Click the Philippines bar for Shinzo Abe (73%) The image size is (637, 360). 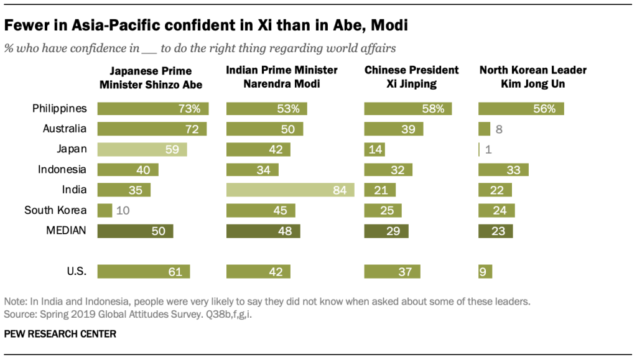click(x=153, y=109)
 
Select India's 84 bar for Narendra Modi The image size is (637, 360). click(x=290, y=190)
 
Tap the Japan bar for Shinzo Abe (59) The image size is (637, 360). click(x=142, y=149)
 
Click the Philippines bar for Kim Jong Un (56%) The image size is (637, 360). click(x=521, y=109)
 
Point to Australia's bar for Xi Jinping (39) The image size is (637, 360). click(x=393, y=129)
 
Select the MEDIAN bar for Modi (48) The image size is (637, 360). click(x=263, y=231)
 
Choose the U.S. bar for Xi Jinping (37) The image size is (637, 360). click(x=392, y=271)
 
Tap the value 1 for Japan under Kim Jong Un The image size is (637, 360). click(x=488, y=149)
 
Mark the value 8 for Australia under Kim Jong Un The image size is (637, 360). click(x=498, y=129)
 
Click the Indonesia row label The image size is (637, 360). click(x=62, y=170)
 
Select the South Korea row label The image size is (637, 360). click(x=55, y=210)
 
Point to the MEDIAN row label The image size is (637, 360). click(x=66, y=231)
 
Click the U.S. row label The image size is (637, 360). click(x=77, y=271)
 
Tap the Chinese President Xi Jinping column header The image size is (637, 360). click(x=411, y=77)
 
